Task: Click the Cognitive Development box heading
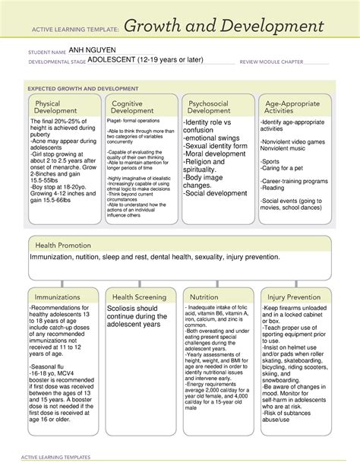133,108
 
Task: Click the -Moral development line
215,154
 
